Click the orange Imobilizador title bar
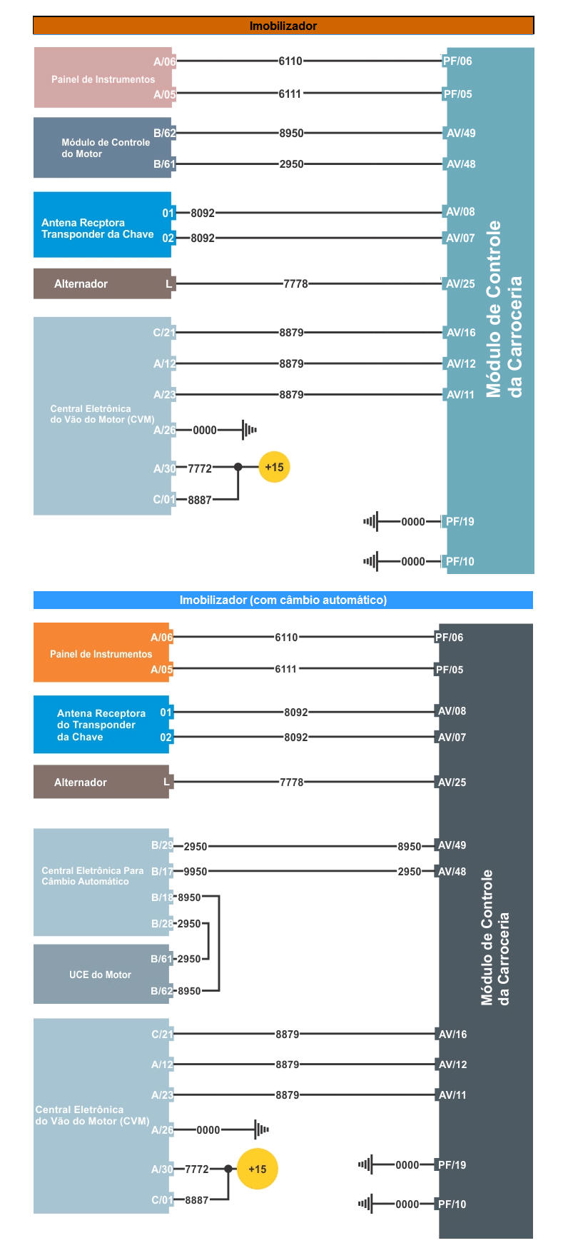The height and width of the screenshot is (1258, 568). [283, 26]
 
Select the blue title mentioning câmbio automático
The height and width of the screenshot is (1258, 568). [283, 600]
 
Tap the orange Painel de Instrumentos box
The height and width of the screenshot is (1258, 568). [101, 653]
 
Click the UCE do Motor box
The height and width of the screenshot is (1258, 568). [101, 974]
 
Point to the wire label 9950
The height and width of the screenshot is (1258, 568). [196, 872]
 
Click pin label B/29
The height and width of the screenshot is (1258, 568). [162, 845]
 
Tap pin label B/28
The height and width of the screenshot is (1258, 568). [162, 924]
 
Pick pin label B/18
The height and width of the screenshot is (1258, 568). [162, 897]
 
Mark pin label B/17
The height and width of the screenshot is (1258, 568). [162, 872]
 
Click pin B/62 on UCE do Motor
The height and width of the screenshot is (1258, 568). [161, 991]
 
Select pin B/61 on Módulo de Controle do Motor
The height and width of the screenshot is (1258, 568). [164, 164]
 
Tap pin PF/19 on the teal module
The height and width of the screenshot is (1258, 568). [460, 522]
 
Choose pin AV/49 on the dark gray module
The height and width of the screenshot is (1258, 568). [452, 845]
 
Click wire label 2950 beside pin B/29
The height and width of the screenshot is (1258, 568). [196, 847]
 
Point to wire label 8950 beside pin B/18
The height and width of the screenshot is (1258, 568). [189, 897]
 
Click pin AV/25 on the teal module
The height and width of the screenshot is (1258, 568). [460, 284]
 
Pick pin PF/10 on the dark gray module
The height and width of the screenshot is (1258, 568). [452, 1204]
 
